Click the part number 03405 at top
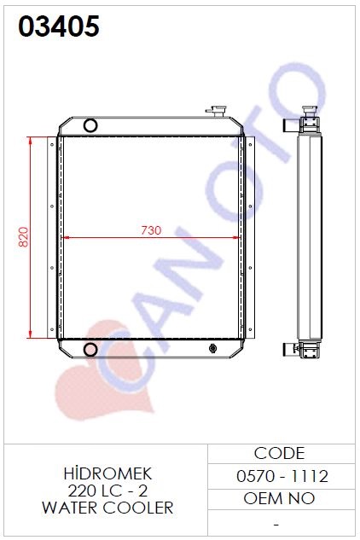pos(59,26)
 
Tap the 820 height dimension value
pos(23,237)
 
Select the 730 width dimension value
pos(151,230)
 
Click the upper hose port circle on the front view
pos(90,125)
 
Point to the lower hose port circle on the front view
pos(90,350)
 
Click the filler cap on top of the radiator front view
pos(217,111)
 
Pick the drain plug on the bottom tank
pos(213,349)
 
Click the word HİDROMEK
pos(107,473)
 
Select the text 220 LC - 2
pos(107,491)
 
